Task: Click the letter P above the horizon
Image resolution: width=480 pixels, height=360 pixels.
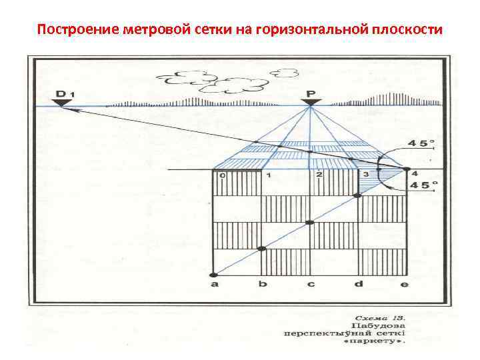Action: click(x=310, y=93)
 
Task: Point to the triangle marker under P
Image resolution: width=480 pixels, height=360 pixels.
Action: click(x=310, y=103)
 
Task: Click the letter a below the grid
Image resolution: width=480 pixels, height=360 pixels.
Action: click(x=214, y=285)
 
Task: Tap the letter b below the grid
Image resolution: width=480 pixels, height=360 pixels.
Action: click(x=262, y=285)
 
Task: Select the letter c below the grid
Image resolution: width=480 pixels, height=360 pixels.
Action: click(x=311, y=285)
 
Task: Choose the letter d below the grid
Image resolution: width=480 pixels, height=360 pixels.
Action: click(x=359, y=285)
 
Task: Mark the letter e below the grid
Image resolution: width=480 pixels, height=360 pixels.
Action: click(x=404, y=285)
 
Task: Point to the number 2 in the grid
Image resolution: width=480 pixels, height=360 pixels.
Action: click(x=319, y=175)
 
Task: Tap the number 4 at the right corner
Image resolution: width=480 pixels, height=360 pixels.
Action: click(x=415, y=173)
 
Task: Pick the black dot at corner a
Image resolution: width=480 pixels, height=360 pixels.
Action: click(x=214, y=274)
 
